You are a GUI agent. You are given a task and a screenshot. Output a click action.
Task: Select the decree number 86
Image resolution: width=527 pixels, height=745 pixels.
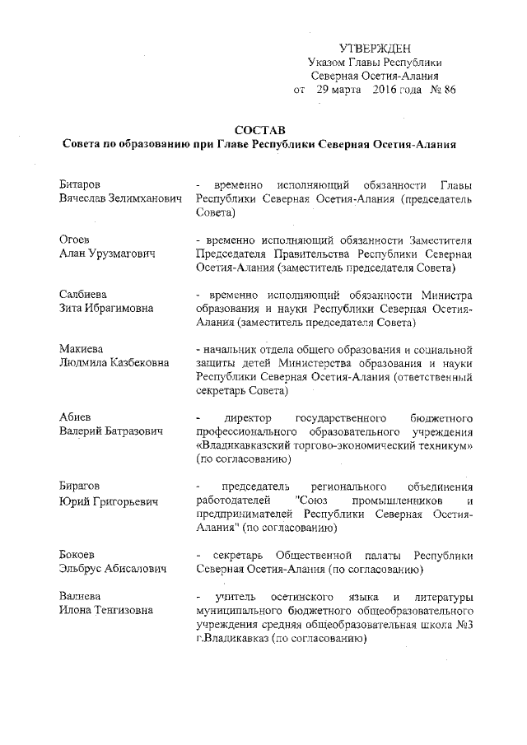click(449, 90)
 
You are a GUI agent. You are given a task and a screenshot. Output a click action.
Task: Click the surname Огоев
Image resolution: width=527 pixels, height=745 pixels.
click(77, 240)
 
